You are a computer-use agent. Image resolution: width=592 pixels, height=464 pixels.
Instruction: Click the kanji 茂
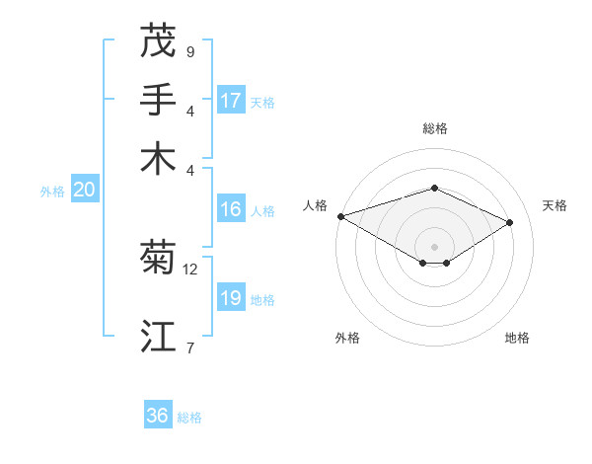coord(158,41)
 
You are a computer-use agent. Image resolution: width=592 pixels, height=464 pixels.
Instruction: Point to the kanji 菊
coord(158,258)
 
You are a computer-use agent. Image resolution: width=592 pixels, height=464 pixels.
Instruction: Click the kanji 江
coord(158,336)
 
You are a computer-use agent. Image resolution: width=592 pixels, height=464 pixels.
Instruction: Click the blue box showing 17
coord(231,101)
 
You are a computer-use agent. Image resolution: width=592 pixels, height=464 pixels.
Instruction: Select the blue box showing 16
coord(231,209)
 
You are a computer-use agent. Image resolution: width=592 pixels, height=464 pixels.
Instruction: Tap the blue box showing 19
coord(231,298)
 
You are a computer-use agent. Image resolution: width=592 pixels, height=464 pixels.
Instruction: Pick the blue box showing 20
coord(84,191)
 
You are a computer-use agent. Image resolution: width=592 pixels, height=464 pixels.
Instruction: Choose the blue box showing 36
coord(158,416)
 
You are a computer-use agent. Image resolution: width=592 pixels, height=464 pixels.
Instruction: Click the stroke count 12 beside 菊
coord(190,269)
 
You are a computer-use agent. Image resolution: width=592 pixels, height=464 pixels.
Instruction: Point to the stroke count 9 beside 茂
coord(190,51)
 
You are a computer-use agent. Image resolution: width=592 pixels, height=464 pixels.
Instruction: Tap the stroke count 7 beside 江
coord(190,348)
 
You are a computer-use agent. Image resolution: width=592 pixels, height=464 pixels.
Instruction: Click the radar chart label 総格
coord(434,128)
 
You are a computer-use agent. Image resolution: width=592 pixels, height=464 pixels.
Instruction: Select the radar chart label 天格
coord(555,205)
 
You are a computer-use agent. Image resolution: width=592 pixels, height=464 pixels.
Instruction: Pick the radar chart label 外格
coord(347,338)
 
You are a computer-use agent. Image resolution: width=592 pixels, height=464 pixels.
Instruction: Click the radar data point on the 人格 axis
coord(340,216)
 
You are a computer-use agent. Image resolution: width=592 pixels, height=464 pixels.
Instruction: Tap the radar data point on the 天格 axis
coord(510,222)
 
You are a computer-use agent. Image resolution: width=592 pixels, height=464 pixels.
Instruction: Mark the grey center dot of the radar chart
coord(434,246)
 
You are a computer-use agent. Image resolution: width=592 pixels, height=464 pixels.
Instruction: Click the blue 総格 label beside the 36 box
coord(189,418)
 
